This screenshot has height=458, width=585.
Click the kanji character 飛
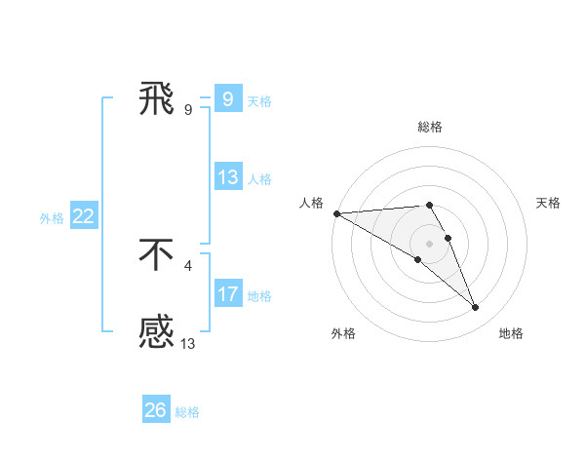[x=157, y=99]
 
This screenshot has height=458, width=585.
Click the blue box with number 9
[x=227, y=99]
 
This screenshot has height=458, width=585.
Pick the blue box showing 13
[x=227, y=177]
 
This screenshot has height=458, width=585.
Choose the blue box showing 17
[x=227, y=294]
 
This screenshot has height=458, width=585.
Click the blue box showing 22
[x=83, y=216]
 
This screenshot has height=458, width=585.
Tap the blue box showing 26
[x=155, y=410]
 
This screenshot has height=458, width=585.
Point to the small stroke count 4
[x=188, y=263]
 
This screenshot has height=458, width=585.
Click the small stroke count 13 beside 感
[x=188, y=342]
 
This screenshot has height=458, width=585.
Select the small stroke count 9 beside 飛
[x=188, y=109]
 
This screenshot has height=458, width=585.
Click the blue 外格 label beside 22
[x=52, y=218]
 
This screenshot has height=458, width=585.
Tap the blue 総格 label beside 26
[x=187, y=412]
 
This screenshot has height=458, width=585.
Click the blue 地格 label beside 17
[x=259, y=296]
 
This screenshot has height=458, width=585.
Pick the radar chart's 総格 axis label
[x=430, y=127]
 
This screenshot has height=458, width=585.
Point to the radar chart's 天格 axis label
[x=549, y=203]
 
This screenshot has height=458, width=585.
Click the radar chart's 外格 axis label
[x=343, y=333]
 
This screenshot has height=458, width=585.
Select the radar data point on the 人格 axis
[x=336, y=212]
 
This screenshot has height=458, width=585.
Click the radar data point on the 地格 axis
[x=476, y=308]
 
